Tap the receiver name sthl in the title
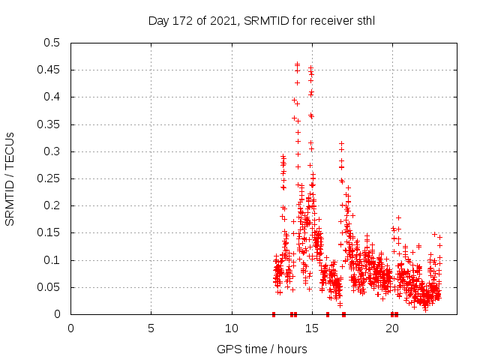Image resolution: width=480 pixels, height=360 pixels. click(364, 20)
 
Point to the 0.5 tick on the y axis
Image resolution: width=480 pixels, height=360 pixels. click(52, 43)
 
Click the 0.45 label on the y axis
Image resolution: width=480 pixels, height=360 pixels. click(49, 70)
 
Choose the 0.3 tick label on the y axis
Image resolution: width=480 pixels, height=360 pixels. click(52, 151)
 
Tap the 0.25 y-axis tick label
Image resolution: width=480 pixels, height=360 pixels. click(49, 178)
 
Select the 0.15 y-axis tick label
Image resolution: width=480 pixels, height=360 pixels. click(49, 233)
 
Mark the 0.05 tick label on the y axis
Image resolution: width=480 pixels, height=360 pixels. click(49, 287)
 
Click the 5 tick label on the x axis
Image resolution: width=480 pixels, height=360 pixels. click(151, 328)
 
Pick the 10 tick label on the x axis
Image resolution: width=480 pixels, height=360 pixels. click(232, 328)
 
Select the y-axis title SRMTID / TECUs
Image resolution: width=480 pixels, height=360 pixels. click(10, 178)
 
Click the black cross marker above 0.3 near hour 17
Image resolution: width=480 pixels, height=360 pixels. click(342, 143)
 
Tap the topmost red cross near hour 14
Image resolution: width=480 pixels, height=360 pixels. click(297, 64)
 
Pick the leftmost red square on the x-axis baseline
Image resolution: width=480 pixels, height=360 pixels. click(274, 314)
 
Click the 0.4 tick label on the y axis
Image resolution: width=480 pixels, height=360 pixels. click(52, 97)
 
